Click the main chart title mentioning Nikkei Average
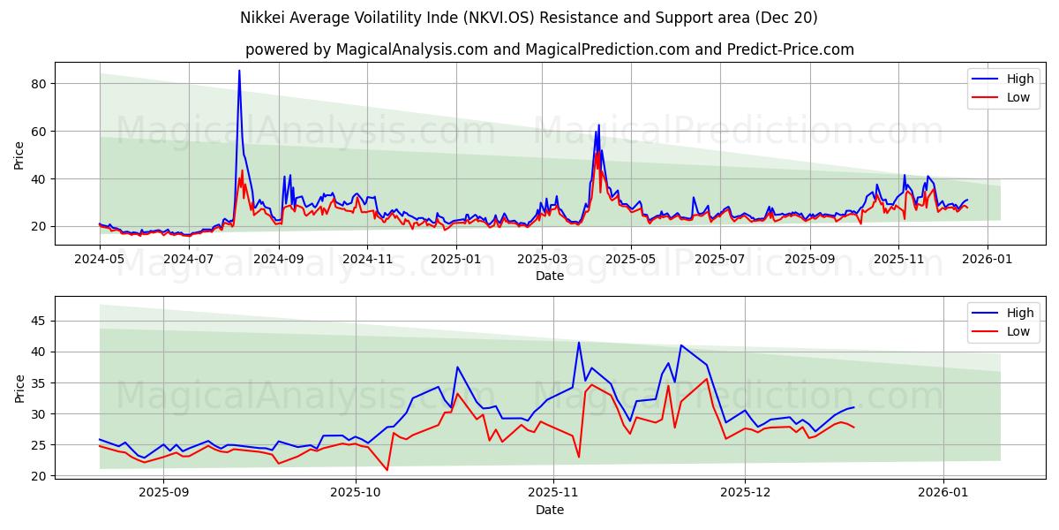(x=529, y=18)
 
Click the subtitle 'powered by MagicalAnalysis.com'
(x=549, y=49)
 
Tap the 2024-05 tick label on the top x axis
(x=99, y=259)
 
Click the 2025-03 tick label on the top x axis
(x=541, y=259)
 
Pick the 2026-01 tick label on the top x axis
(x=987, y=259)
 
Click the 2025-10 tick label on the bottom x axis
(x=357, y=493)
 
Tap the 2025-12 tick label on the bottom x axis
(x=745, y=493)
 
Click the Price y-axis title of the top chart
(x=19, y=154)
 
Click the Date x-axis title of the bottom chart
(x=549, y=510)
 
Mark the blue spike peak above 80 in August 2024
(x=239, y=71)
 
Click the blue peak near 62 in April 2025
(x=598, y=125)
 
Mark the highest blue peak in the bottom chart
(x=579, y=343)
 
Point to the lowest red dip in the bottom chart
(x=387, y=470)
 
